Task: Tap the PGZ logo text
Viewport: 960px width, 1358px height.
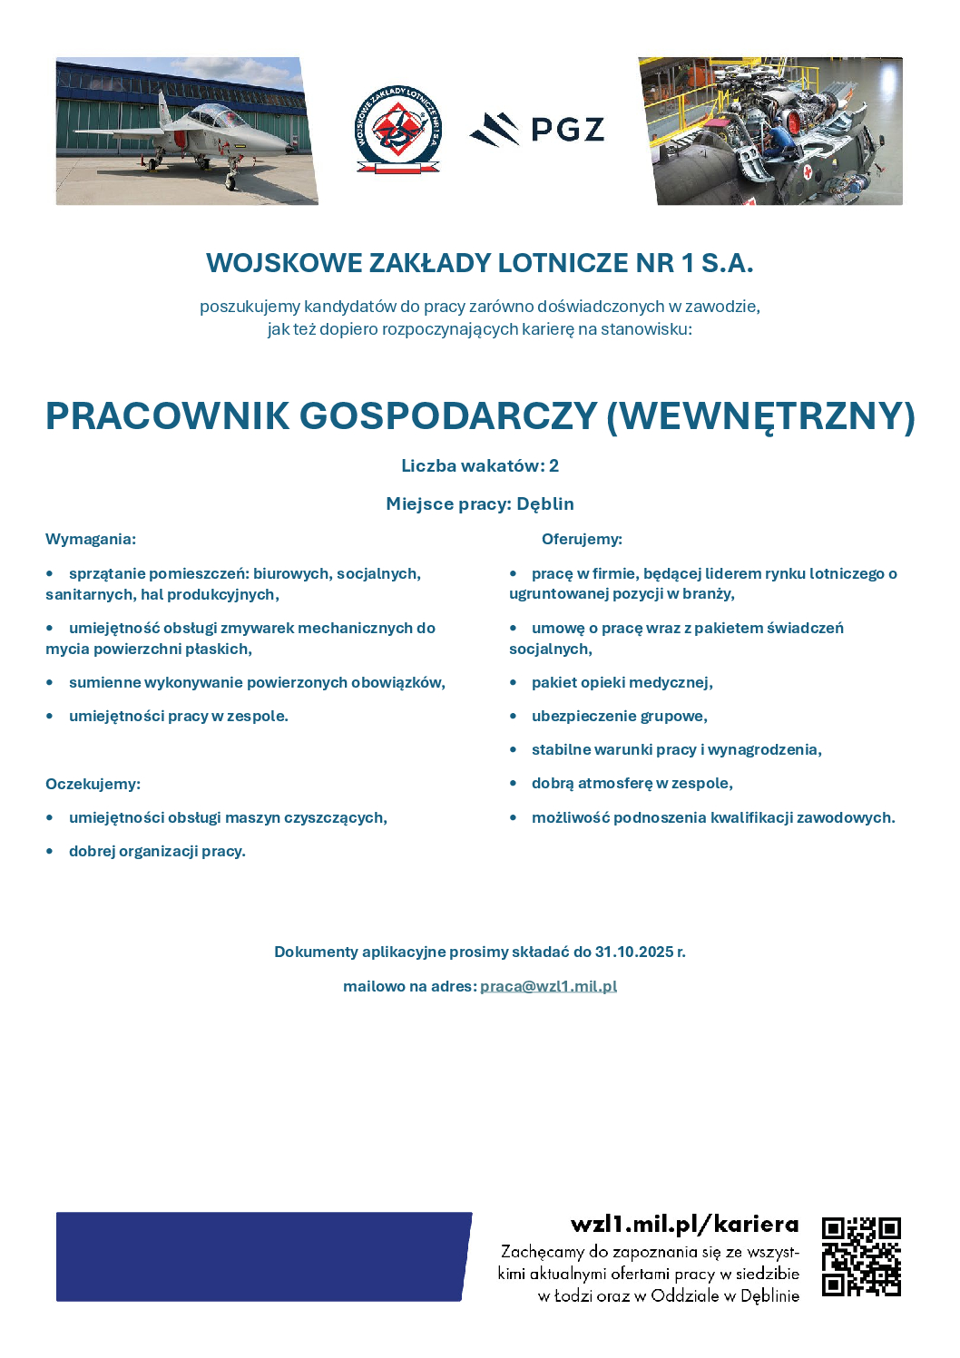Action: (x=567, y=130)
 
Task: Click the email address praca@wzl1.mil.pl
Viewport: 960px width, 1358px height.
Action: (x=548, y=986)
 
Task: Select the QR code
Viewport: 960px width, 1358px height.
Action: (x=861, y=1256)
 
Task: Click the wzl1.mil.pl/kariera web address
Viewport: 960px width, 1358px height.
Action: (x=684, y=1224)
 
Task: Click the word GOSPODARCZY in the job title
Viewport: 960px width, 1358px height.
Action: (x=448, y=416)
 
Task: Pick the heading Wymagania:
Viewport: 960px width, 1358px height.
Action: (x=91, y=539)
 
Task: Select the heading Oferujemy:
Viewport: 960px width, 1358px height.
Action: (x=582, y=539)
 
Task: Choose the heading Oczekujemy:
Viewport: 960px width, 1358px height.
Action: (x=93, y=784)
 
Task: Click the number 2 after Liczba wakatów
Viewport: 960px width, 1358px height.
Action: (x=553, y=465)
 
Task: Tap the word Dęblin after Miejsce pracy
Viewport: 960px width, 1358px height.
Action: (x=545, y=503)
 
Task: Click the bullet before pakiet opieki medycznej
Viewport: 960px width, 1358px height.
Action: (x=514, y=682)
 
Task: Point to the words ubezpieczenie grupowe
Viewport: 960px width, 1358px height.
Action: (x=619, y=716)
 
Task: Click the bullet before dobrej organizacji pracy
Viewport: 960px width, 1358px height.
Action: (x=50, y=851)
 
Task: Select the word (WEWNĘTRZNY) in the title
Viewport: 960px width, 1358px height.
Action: (x=760, y=416)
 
